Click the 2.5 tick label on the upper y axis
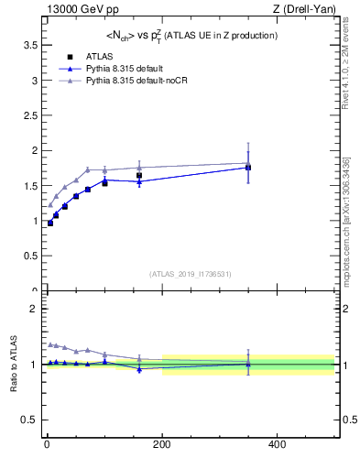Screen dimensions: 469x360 point(27,115)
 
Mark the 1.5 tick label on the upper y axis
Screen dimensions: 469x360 point(27,185)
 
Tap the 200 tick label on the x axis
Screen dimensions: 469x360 point(162,444)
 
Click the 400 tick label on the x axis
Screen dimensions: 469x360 point(277,444)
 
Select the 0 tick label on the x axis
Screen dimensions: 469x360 point(47,444)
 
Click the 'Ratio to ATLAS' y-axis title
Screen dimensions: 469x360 point(14,364)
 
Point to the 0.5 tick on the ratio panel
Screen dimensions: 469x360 point(27,420)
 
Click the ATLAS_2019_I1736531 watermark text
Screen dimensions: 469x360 point(190,274)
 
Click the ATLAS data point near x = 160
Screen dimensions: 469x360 point(139,175)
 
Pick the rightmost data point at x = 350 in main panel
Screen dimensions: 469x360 point(248,168)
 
